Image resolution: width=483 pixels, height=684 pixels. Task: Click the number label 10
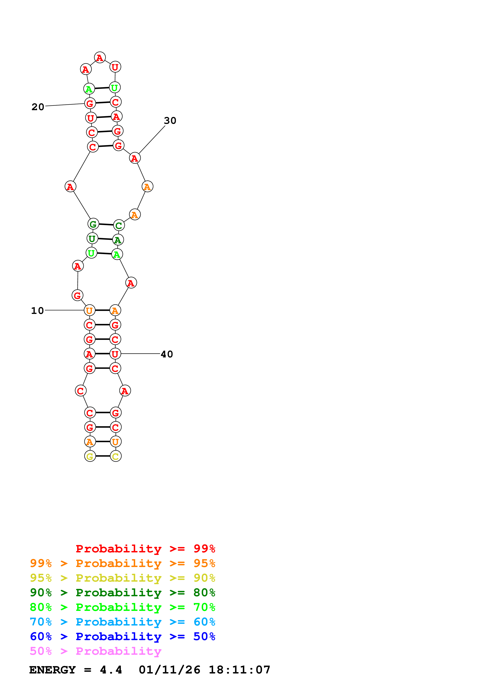click(37, 311)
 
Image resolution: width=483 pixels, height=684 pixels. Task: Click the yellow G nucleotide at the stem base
click(90, 456)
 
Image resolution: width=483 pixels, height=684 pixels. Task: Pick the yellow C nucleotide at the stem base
click(116, 456)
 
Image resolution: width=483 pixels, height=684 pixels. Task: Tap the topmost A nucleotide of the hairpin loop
click(100, 58)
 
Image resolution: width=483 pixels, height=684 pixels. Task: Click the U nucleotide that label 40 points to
click(115, 354)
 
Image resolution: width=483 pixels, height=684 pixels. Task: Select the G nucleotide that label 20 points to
click(90, 103)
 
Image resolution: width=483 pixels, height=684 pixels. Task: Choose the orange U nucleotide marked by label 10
click(89, 310)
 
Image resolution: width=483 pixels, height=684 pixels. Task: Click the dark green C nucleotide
click(119, 226)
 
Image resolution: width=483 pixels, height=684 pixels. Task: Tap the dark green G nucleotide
click(93, 224)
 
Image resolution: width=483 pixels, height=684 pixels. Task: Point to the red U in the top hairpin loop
click(115, 67)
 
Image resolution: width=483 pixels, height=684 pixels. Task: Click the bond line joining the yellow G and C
click(103, 456)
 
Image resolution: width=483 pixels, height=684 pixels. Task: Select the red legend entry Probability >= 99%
click(145, 548)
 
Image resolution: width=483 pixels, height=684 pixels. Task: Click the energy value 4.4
click(111, 670)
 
